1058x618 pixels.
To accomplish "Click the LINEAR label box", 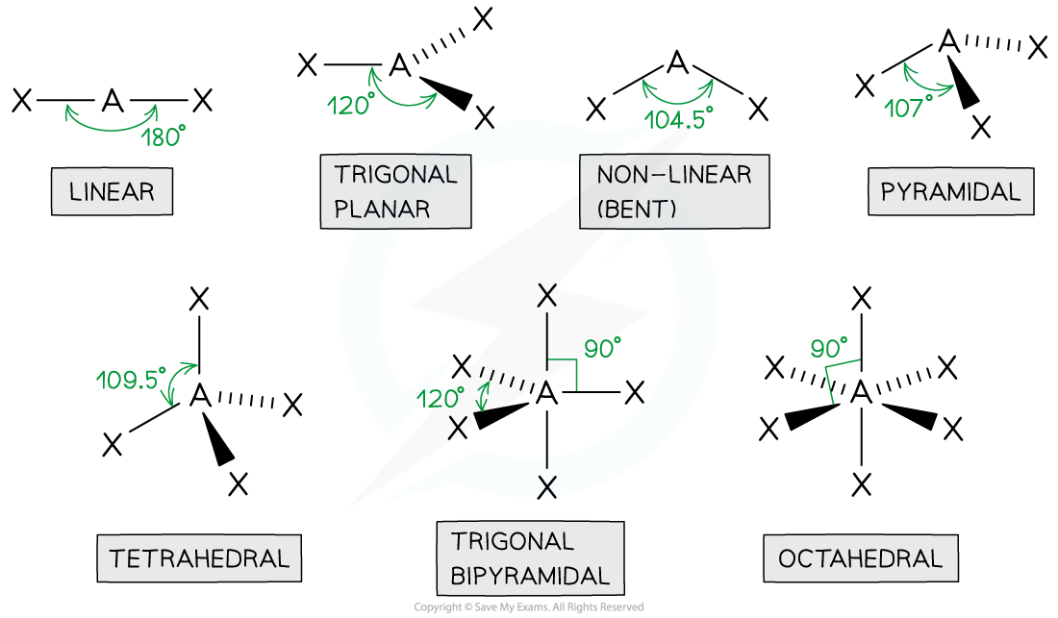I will tap(112, 191).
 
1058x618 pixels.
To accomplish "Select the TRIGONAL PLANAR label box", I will tap(395, 192).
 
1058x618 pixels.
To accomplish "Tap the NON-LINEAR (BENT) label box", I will tap(673, 192).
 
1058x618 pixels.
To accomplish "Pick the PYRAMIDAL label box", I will tap(950, 191).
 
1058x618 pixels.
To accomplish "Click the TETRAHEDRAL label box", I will tap(199, 558).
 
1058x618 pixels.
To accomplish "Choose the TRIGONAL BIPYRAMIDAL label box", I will tap(530, 558).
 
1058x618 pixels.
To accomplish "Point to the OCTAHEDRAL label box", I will tap(860, 558).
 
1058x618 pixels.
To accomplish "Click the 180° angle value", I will tap(163, 136).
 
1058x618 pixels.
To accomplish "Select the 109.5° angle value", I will tap(131, 379).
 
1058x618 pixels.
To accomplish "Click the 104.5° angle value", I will tap(679, 120).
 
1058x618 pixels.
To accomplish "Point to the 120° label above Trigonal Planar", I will tap(350, 106).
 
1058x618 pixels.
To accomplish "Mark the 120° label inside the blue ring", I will tap(441, 398).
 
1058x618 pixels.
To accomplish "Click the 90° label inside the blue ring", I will tap(602, 349).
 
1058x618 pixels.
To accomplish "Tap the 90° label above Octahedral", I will tap(829, 348).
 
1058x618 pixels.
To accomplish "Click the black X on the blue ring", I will tap(546, 486).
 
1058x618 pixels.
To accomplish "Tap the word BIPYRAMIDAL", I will tap(530, 577).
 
